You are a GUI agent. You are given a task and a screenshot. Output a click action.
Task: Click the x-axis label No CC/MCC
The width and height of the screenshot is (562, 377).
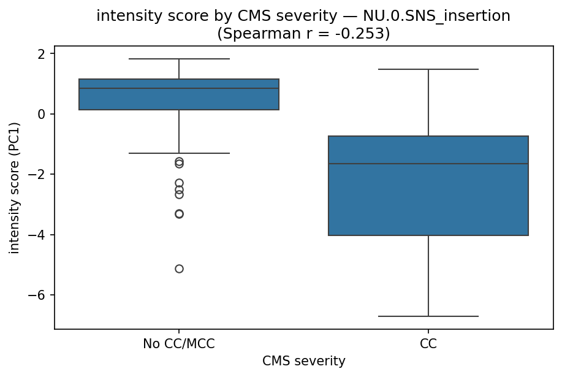click(x=179, y=344)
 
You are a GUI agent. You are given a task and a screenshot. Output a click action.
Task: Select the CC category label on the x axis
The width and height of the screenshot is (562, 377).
click(x=428, y=344)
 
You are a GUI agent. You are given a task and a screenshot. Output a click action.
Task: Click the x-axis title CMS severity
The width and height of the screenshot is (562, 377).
click(x=303, y=362)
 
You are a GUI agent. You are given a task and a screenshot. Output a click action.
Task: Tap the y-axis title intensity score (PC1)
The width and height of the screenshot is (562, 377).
click(x=15, y=188)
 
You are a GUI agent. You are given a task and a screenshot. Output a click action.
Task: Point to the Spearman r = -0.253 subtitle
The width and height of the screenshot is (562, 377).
click(x=303, y=34)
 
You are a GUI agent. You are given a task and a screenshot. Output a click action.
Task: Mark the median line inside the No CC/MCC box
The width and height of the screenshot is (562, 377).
click(x=179, y=88)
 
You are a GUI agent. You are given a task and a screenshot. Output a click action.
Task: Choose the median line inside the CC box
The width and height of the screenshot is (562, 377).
click(x=428, y=164)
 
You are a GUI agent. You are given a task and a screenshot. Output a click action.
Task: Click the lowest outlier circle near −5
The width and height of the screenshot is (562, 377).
click(x=179, y=268)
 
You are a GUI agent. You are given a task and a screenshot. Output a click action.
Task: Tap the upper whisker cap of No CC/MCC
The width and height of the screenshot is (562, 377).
click(x=179, y=59)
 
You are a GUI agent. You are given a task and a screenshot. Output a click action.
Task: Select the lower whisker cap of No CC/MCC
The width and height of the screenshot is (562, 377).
click(x=179, y=153)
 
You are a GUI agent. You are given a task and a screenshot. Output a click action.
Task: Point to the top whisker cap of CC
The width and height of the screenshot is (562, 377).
click(x=428, y=69)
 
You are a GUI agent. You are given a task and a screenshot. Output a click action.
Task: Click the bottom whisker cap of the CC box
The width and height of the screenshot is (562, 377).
click(x=428, y=316)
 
